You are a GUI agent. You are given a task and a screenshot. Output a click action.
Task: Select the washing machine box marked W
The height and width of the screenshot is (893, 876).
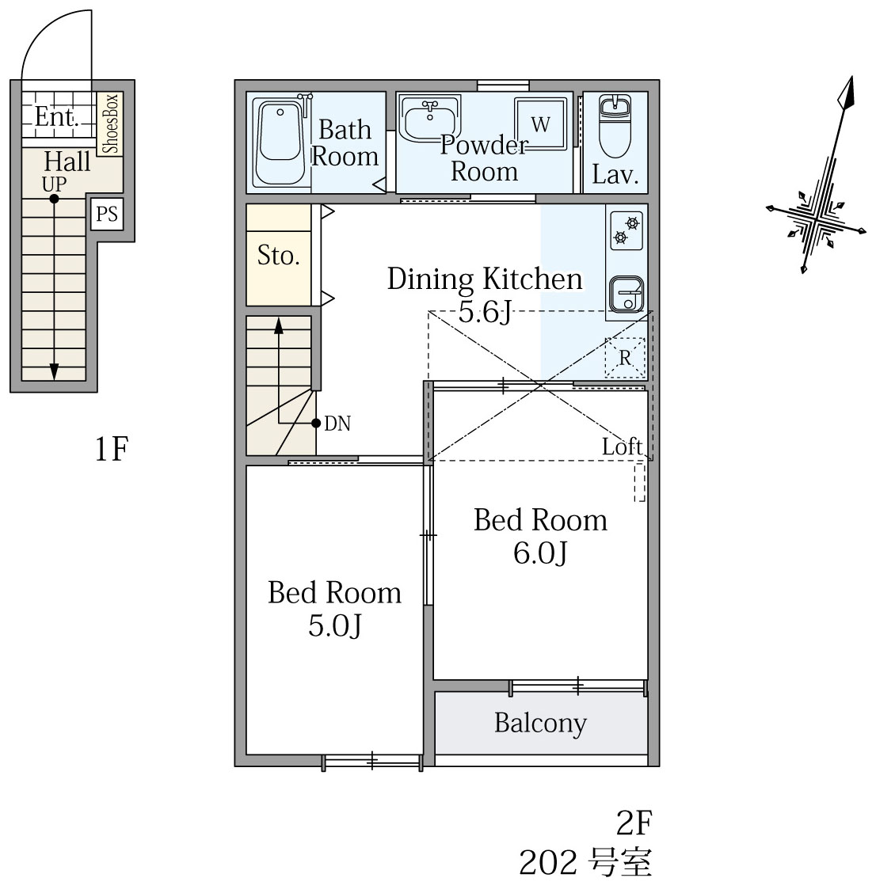point(540,123)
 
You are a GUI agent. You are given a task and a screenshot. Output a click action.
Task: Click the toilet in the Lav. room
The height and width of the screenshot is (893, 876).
point(615,126)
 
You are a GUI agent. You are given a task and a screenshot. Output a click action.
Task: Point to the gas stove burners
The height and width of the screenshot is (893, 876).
point(627,230)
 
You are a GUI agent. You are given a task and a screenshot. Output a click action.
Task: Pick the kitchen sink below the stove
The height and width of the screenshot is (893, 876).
point(627,294)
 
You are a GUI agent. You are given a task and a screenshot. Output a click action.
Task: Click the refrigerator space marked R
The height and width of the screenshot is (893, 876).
point(625,358)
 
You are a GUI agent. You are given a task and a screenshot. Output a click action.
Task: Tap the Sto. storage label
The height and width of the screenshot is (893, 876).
point(278,255)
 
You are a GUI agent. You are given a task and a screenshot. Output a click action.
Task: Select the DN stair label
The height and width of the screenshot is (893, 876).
point(337,424)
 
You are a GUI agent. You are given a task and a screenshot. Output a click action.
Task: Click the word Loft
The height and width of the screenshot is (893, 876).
point(622,446)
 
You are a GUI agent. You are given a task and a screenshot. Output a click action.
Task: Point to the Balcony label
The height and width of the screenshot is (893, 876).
point(540,724)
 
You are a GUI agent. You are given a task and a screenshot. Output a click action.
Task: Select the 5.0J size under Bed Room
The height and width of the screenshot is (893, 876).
point(334,626)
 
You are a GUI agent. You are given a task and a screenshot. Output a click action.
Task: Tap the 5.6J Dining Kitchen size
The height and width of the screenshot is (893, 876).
point(485,312)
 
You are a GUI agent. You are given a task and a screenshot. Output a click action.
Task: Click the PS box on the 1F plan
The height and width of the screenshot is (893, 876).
point(107,214)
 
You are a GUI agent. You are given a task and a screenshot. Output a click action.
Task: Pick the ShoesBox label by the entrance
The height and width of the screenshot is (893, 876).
point(110,124)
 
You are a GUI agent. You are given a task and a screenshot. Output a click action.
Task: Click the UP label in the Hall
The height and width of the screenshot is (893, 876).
point(54,184)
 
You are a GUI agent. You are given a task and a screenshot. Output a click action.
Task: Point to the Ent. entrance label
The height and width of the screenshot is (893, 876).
point(56,116)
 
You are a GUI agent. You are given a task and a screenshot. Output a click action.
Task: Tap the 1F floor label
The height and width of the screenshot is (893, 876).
point(111,449)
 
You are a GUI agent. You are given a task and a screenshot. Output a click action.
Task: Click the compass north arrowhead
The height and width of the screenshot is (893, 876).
point(846,93)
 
